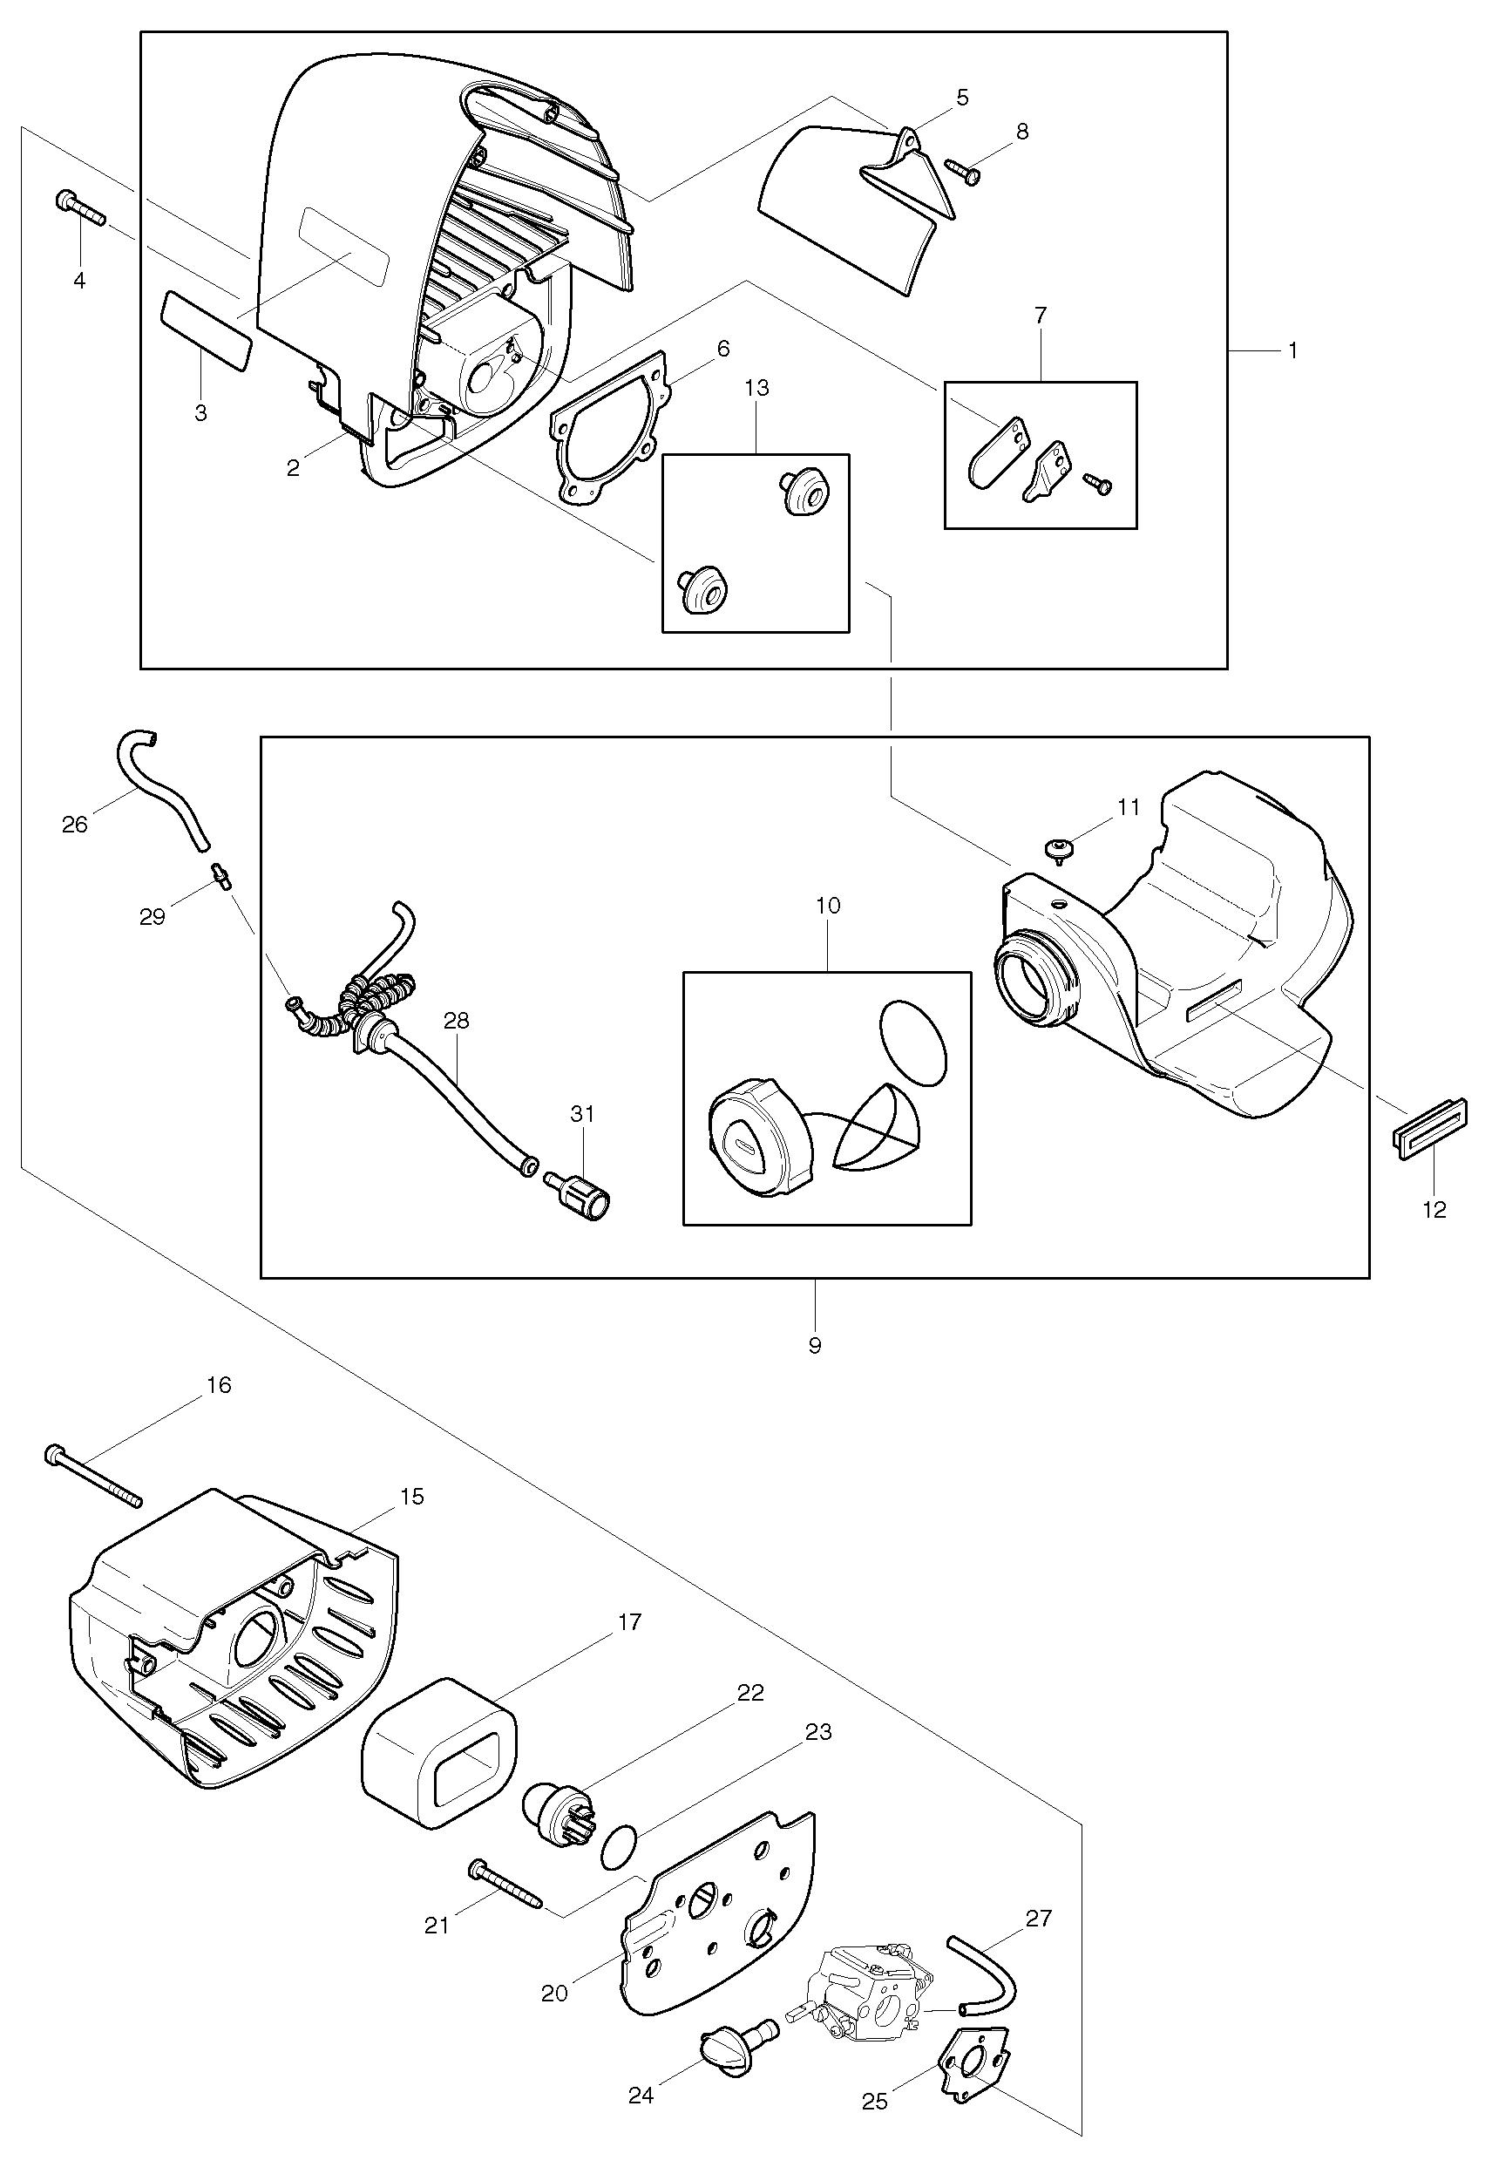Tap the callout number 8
pyautogui.click(x=1021, y=132)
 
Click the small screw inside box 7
pyautogui.click(x=1095, y=483)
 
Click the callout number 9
pyautogui.click(x=815, y=1345)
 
